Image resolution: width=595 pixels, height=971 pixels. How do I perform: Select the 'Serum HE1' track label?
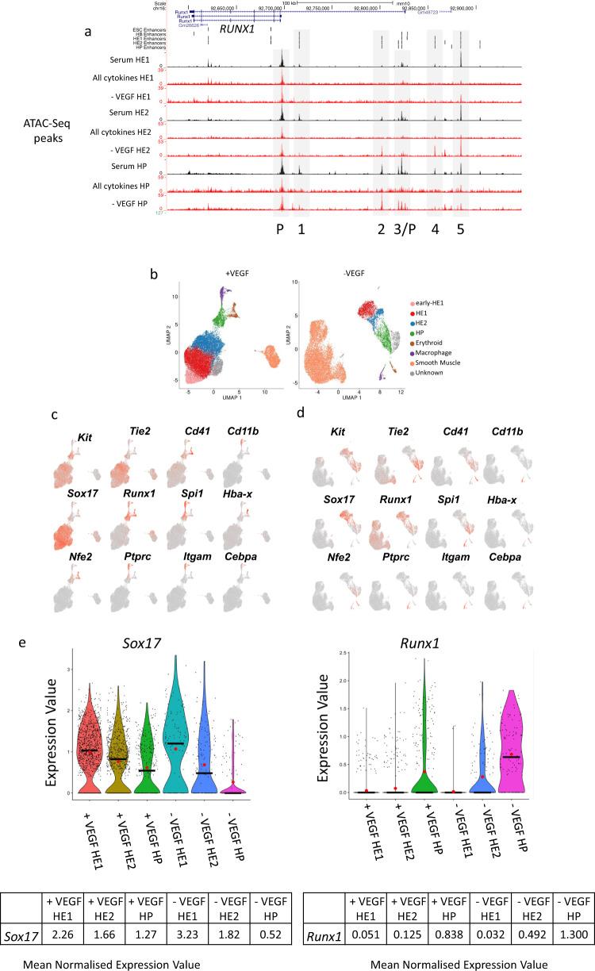pyautogui.click(x=134, y=60)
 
